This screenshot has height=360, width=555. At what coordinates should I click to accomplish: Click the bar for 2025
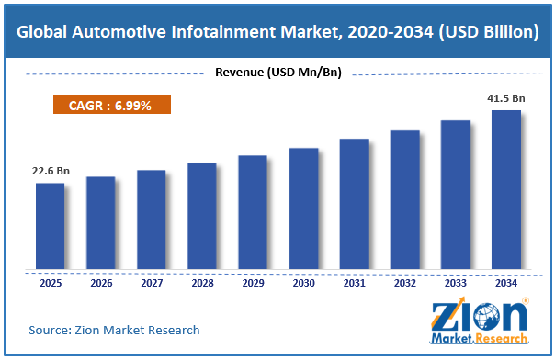click(51, 226)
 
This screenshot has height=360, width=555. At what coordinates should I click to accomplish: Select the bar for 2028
click(202, 216)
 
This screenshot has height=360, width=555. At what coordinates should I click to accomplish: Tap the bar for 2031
click(355, 204)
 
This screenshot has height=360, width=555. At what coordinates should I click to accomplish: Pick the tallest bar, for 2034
click(506, 189)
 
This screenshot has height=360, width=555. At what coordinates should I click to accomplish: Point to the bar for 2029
click(253, 212)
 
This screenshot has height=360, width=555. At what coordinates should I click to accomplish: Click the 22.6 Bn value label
click(51, 171)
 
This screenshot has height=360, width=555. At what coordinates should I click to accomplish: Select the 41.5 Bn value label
click(506, 98)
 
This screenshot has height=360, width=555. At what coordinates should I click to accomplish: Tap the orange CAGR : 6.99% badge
click(112, 105)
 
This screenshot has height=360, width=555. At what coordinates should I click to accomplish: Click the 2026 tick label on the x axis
click(101, 283)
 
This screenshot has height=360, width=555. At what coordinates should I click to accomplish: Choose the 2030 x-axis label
click(304, 283)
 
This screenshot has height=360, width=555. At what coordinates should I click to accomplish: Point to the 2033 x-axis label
click(456, 283)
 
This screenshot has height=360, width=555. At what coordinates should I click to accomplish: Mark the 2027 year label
click(152, 283)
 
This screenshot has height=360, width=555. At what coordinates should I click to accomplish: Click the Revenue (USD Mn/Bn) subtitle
click(278, 73)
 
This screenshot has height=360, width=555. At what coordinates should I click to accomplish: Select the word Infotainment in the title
click(223, 32)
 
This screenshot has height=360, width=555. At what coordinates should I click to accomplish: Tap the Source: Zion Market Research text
click(114, 330)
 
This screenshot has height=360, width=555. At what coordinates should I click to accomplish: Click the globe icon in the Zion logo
click(487, 317)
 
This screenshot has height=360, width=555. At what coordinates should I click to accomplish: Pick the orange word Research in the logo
click(502, 339)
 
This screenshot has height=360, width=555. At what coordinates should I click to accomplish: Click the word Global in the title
click(41, 32)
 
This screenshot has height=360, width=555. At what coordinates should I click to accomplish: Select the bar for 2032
click(405, 200)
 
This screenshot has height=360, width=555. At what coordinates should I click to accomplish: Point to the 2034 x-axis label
click(506, 283)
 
